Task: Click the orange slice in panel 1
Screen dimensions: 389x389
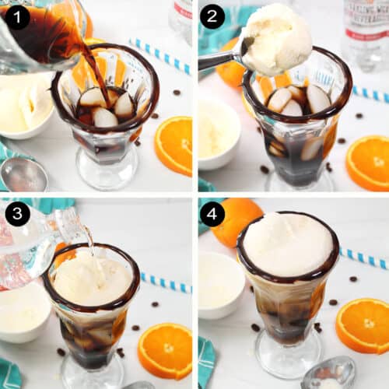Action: [173, 145]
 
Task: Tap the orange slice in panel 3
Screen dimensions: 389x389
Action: [164, 350]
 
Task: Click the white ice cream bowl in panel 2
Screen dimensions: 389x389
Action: [218, 132]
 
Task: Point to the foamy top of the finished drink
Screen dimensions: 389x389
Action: [287, 244]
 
